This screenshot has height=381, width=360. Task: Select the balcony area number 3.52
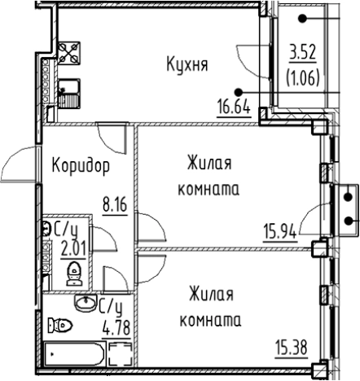pyautogui.click(x=304, y=57)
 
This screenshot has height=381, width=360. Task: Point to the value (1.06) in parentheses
pyautogui.click(x=304, y=79)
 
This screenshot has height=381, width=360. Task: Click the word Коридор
pyautogui.click(x=81, y=167)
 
